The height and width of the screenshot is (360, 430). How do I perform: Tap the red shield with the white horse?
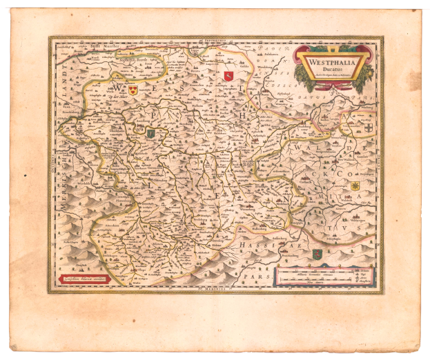pyautogui.click(x=228, y=76)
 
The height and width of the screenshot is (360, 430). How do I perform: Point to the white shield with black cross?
pyautogui.click(x=369, y=129)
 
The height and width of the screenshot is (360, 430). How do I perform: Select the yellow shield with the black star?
pyautogui.click(x=355, y=186)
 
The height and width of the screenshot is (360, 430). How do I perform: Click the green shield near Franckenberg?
pyautogui.click(x=317, y=254)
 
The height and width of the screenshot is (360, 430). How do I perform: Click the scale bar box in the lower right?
pyautogui.click(x=324, y=276)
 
